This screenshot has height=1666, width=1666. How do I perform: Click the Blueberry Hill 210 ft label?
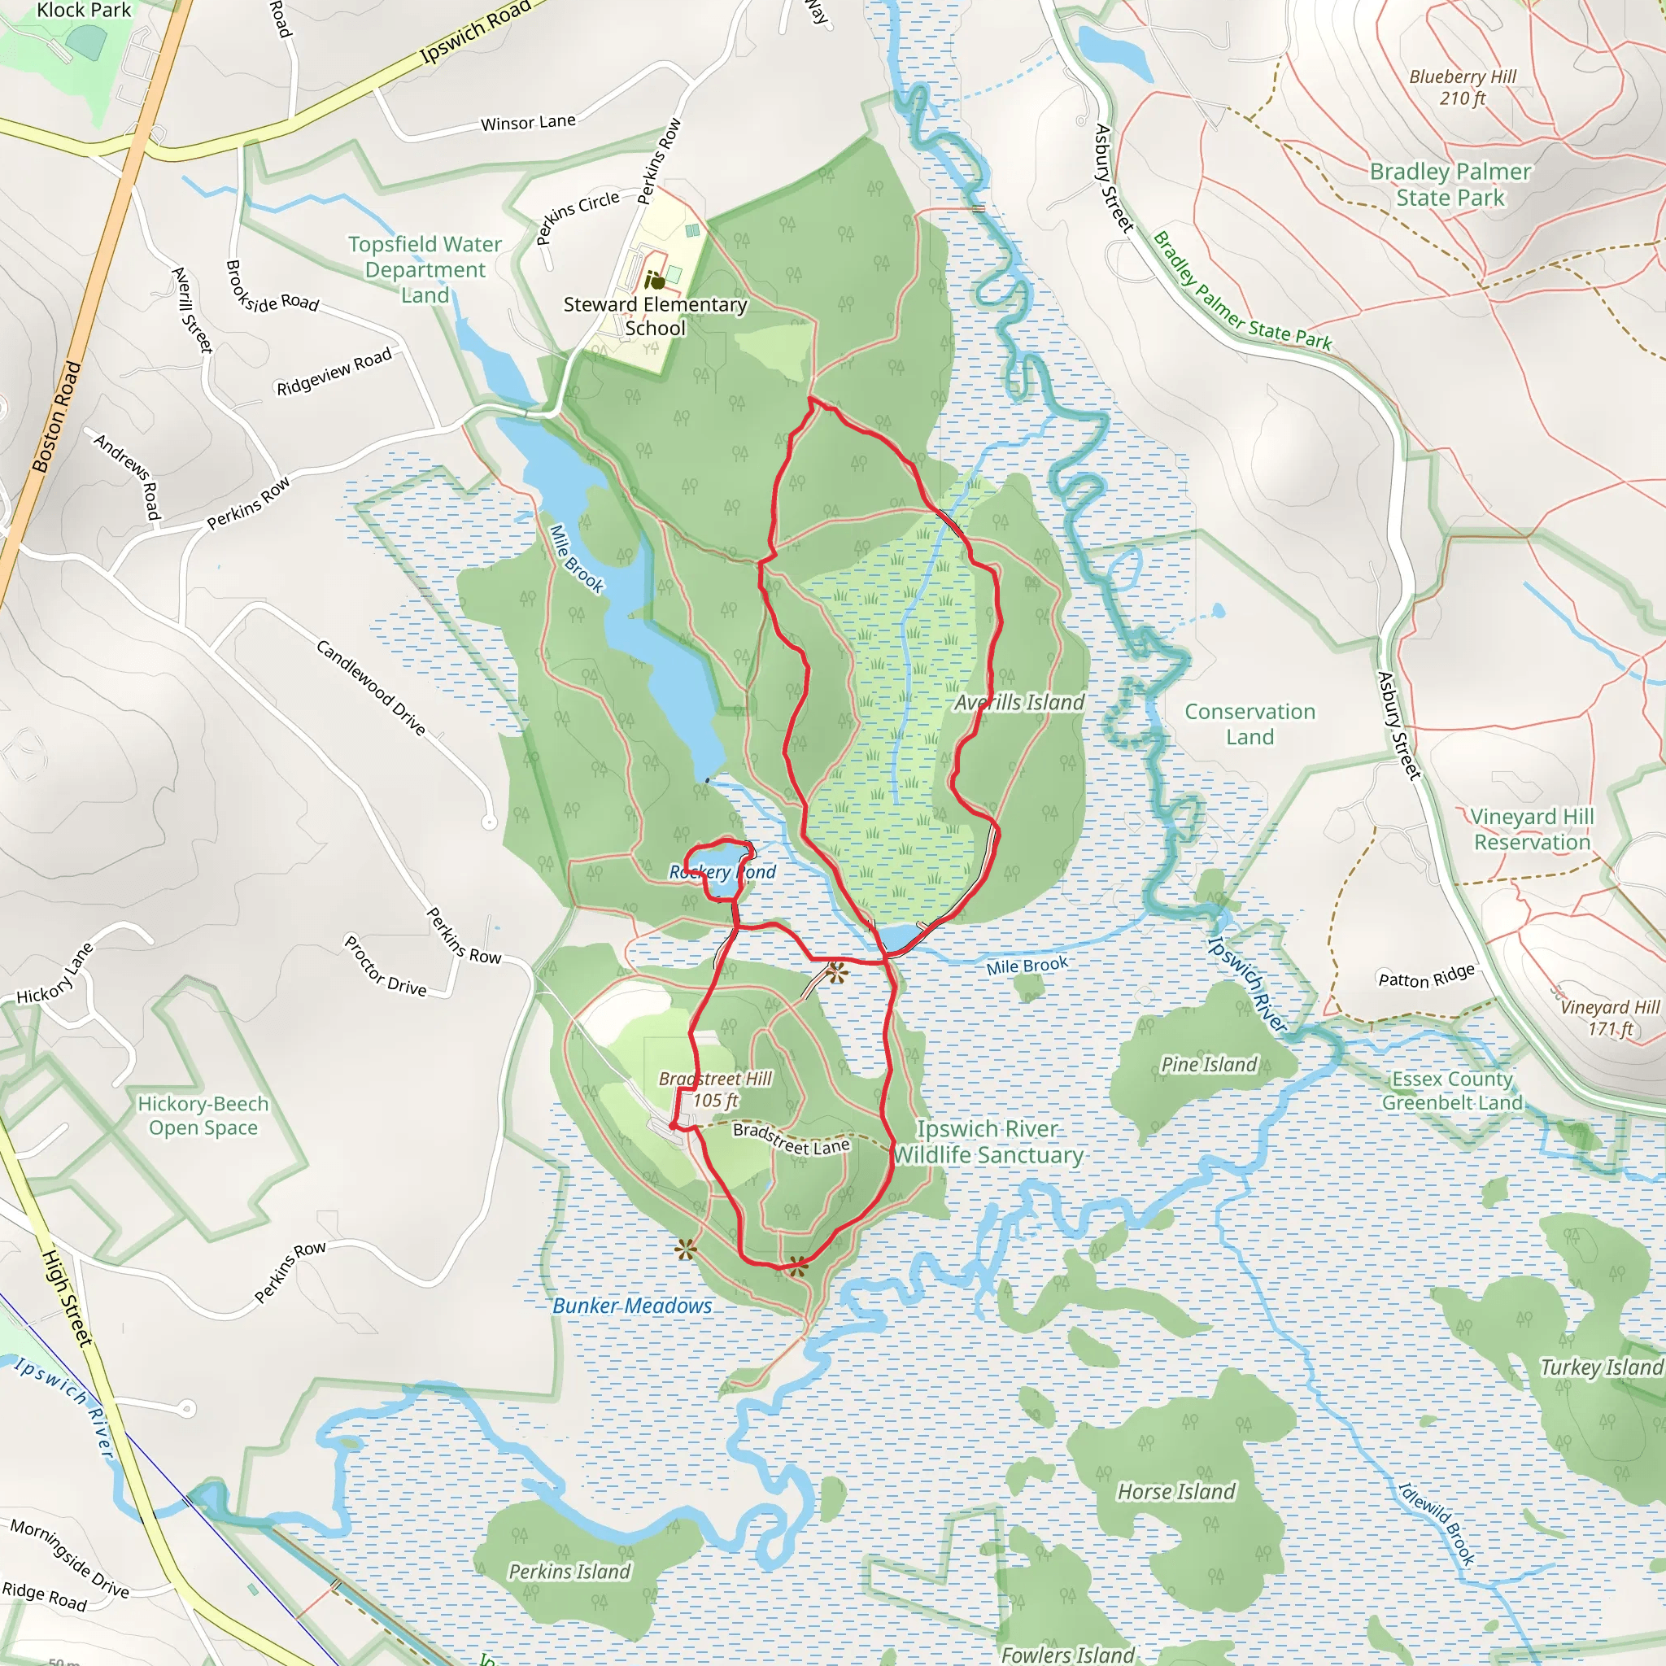1462,87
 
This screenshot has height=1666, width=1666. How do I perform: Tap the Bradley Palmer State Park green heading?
1450,185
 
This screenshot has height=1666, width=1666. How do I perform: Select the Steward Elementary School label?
656,316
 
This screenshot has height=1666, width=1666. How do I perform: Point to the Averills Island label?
1018,703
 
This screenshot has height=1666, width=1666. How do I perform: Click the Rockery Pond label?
722,872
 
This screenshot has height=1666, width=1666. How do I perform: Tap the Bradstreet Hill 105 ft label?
716,1089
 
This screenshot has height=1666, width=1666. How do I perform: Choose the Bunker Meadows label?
632,1306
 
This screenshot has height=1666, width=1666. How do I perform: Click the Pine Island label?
1209,1065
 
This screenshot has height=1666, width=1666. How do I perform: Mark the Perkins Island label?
569,1571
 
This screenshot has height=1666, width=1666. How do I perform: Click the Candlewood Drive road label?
371,687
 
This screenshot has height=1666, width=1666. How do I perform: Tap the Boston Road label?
57,416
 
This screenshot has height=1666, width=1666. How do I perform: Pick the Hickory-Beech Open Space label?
203,1116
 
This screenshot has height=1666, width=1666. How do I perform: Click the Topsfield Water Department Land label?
425,269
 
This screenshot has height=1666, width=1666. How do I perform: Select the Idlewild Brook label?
1437,1524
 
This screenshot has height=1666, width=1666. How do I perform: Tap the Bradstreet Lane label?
792,1138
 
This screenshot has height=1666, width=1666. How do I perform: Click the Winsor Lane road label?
528,123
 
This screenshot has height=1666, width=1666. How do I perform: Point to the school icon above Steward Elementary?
656,281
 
